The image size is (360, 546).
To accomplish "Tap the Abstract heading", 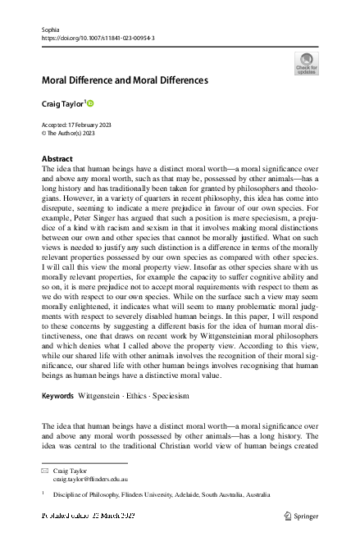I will (58, 157).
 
